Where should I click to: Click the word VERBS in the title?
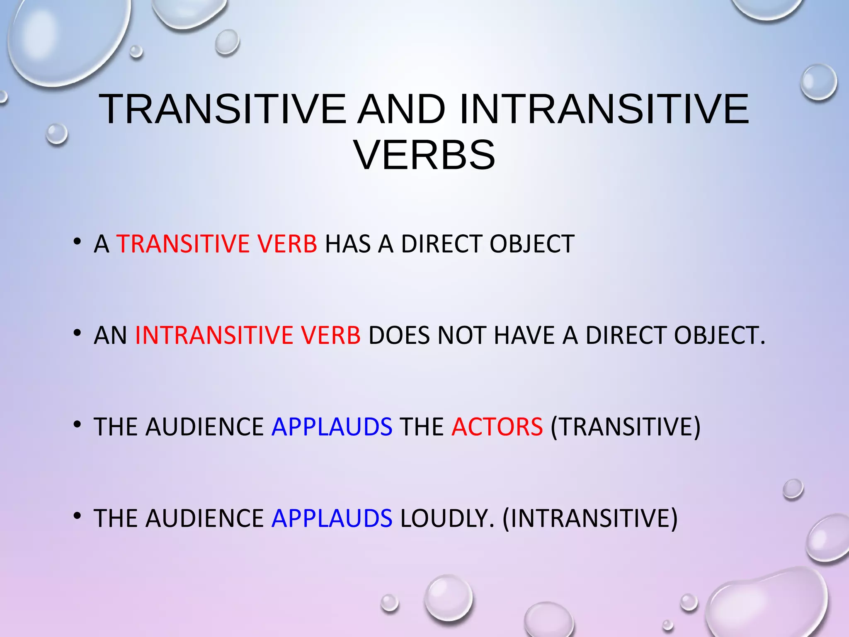424,155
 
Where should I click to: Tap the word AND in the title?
402,109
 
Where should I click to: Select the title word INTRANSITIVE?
604,109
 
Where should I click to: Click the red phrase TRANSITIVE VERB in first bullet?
217,244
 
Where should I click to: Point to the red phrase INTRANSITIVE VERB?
248,336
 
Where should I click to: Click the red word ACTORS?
497,427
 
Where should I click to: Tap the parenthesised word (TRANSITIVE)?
625,427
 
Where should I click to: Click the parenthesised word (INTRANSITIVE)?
590,518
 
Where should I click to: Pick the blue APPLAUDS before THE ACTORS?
332,427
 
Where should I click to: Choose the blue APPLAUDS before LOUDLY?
332,518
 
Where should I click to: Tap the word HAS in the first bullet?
347,244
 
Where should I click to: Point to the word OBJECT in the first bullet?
532,244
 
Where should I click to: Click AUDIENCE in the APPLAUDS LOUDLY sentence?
204,518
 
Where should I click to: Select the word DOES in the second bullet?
399,336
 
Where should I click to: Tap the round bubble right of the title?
819,82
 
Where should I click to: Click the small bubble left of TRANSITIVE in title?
56,134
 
